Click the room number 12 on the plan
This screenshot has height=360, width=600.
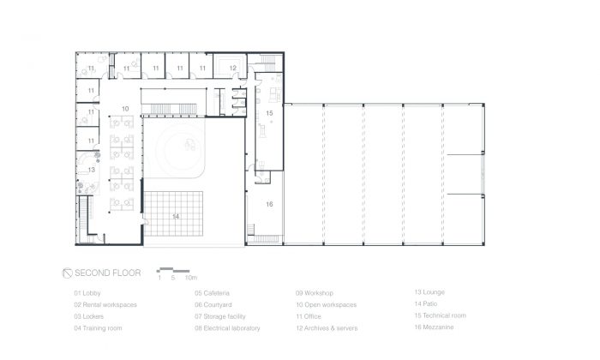click(232, 68)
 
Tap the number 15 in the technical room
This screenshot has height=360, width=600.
click(269, 113)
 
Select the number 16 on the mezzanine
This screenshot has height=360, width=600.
click(269, 204)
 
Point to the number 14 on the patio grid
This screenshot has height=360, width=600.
click(176, 217)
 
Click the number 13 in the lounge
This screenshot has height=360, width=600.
click(91, 170)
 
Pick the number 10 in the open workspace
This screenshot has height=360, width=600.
click(125, 109)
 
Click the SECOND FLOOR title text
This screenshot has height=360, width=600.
click(107, 273)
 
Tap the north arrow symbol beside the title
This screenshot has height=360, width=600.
click(67, 273)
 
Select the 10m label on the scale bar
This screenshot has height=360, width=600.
click(191, 278)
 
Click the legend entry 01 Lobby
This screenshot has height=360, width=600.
click(87, 293)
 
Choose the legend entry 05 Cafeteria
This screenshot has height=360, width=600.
click(212, 293)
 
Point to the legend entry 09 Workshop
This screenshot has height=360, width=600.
click(315, 293)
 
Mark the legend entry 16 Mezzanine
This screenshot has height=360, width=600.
click(434, 327)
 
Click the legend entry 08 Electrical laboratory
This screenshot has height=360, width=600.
click(227, 328)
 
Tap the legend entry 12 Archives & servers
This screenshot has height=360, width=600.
click(327, 328)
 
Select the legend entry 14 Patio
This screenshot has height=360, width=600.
click(425, 303)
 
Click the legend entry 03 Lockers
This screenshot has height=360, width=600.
click(89, 316)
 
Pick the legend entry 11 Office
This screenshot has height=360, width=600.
click(309, 316)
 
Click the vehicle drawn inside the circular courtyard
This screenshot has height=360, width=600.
click(190, 145)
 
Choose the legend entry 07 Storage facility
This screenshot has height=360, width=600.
click(220, 316)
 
